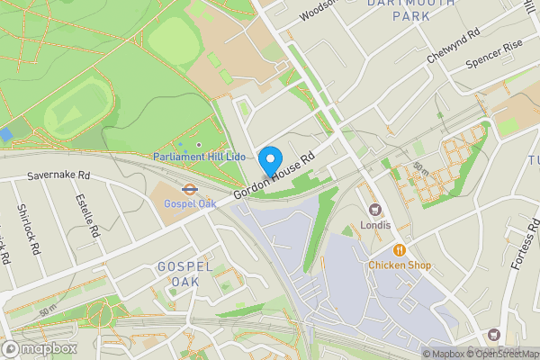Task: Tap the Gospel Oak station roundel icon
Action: (189, 190)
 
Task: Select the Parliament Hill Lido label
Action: (199, 157)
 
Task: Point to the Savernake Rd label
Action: (59, 175)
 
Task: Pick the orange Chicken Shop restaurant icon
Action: (399, 250)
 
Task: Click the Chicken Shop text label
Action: (399, 265)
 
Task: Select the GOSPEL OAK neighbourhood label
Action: (184, 274)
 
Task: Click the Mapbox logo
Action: (40, 348)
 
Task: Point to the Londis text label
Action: (376, 225)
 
